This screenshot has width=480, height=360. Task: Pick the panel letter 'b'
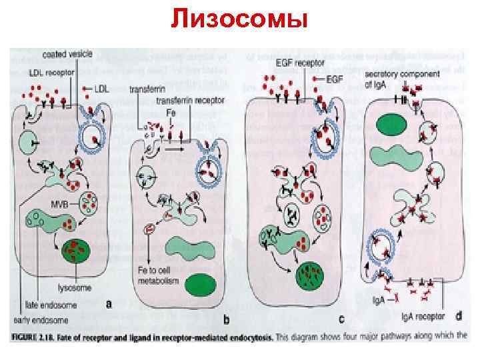(226, 321)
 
